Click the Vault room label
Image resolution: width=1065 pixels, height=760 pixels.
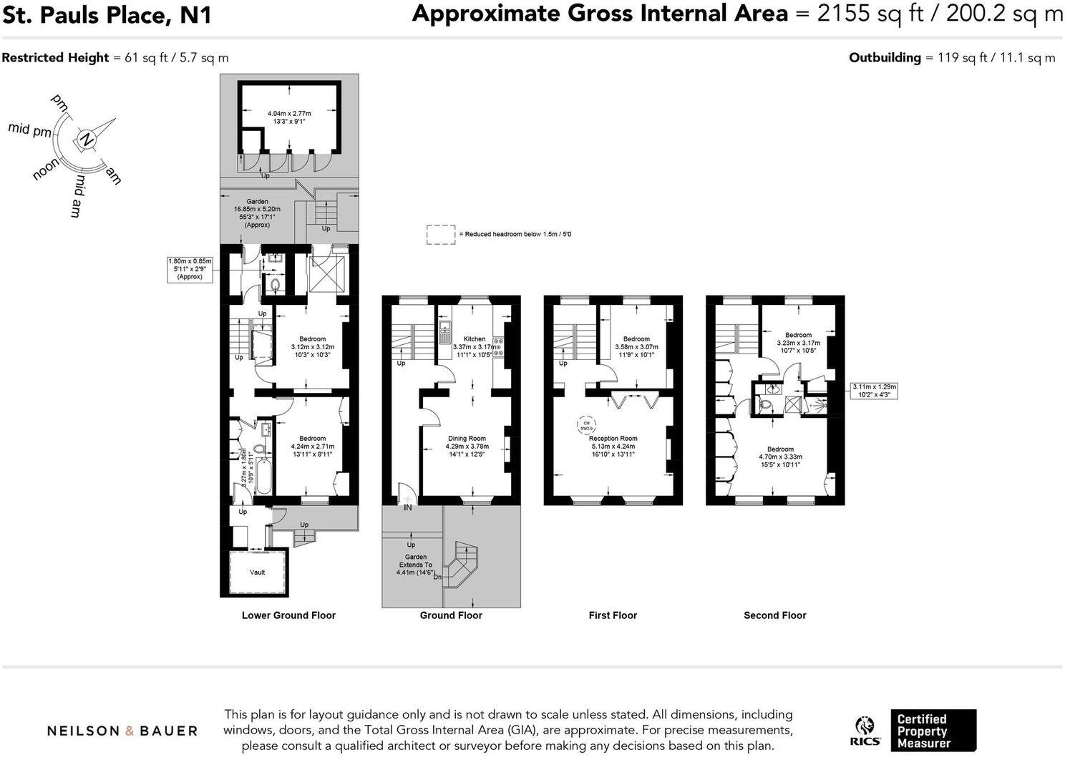coord(257,572)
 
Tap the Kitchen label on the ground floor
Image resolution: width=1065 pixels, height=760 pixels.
coord(474,339)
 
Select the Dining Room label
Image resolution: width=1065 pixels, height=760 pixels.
coord(467,439)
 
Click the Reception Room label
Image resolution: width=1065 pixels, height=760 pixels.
coord(613,439)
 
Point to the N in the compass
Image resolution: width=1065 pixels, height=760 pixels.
coord(87,139)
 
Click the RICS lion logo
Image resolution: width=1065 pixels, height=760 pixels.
coord(865,731)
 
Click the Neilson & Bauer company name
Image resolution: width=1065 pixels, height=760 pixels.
coord(122,731)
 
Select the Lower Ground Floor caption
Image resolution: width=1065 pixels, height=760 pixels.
coord(288,615)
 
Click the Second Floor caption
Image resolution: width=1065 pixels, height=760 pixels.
coord(774,615)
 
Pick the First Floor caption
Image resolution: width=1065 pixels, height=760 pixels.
coord(613,615)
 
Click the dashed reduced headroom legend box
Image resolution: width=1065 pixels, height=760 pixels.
coord(441,235)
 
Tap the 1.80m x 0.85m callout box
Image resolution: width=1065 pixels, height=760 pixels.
coord(190,269)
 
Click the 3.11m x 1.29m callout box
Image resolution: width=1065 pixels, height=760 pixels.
coord(873,391)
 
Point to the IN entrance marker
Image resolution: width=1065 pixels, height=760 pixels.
coord(407,507)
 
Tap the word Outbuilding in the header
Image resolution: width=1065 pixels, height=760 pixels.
coord(885,58)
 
